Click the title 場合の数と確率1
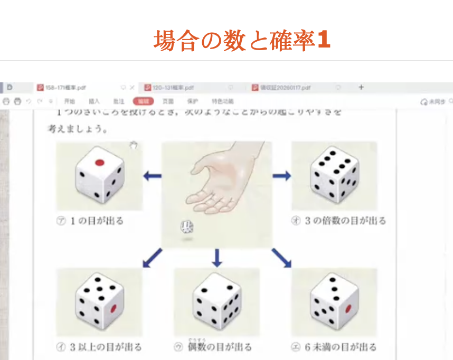(x=242, y=40)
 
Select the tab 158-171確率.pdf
(x=65, y=88)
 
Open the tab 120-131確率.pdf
(x=173, y=88)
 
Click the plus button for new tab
(x=361, y=87)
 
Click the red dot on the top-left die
(x=100, y=163)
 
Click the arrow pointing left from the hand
(x=153, y=176)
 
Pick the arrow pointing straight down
(x=216, y=257)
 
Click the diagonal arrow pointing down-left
(x=153, y=258)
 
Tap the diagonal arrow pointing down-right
(x=281, y=258)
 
